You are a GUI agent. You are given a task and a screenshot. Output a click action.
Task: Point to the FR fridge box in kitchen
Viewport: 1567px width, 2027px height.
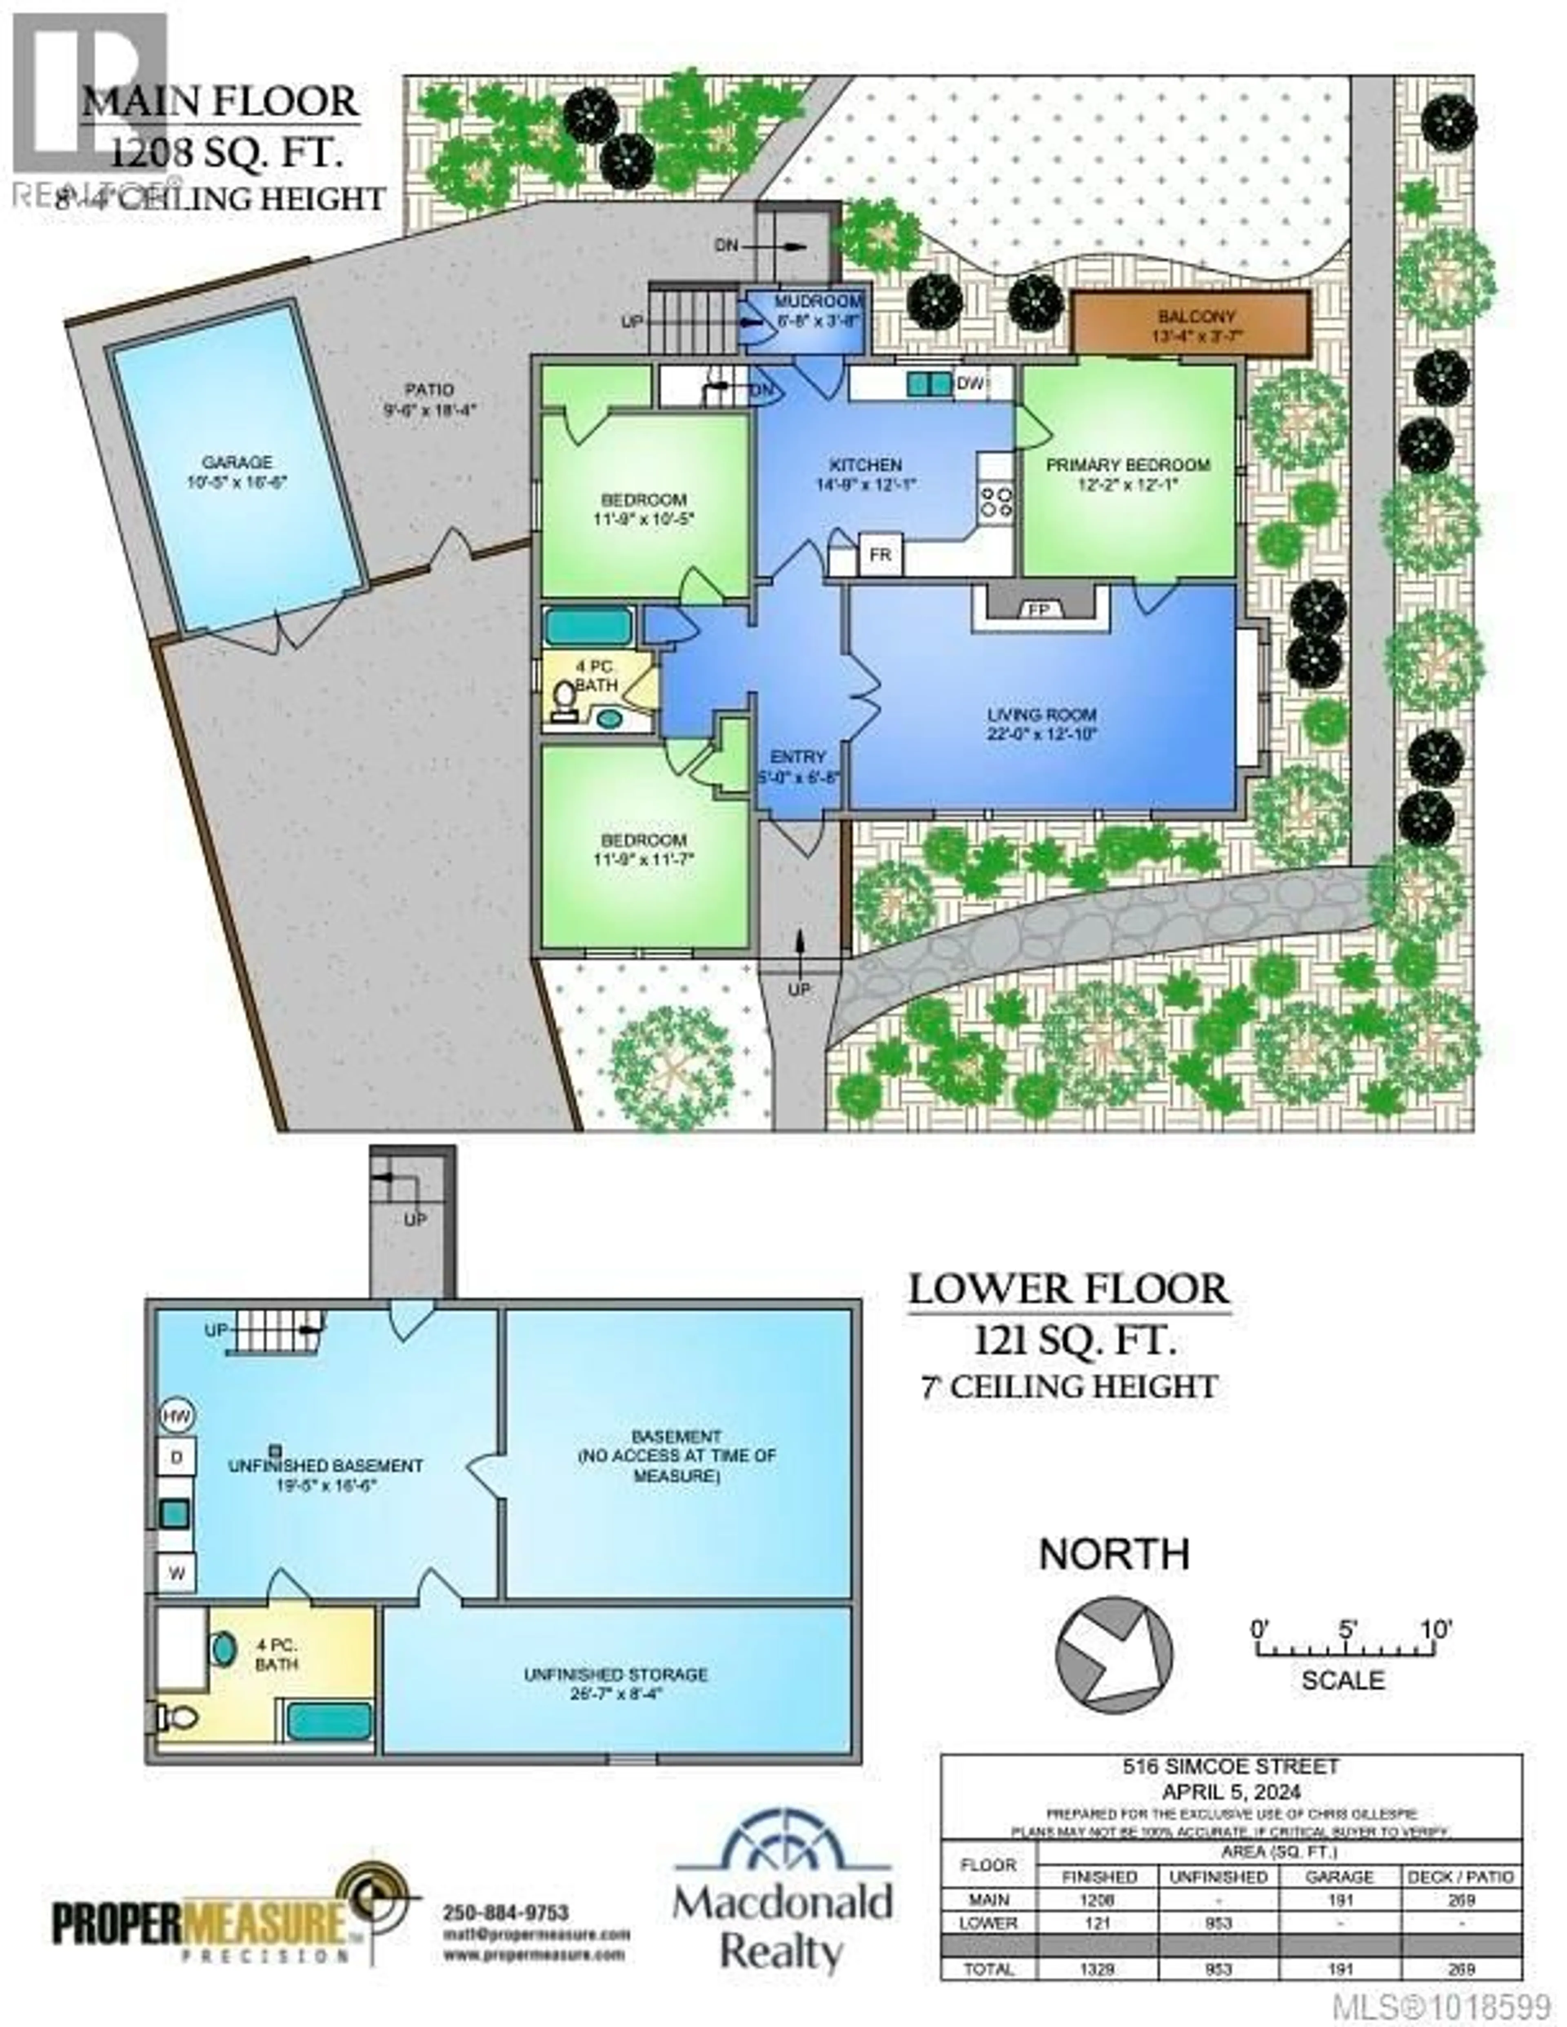point(880,555)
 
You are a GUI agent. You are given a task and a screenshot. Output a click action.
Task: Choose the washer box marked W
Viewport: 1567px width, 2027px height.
point(176,1572)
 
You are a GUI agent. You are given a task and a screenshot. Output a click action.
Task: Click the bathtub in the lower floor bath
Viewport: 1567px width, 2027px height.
point(328,1721)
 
